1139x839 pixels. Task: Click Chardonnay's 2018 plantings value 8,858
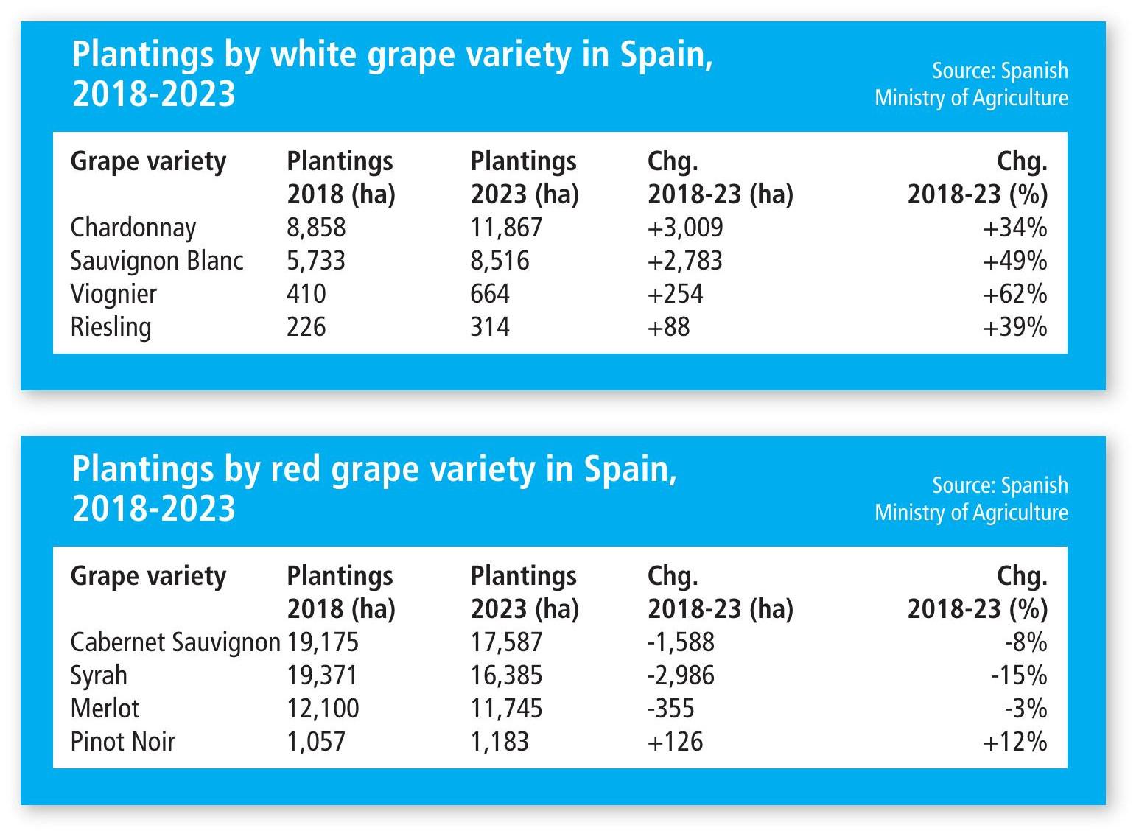[316, 228]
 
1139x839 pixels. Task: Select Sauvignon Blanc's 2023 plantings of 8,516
[500, 261]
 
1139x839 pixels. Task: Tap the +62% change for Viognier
[1014, 294]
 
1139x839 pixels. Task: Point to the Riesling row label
[111, 327]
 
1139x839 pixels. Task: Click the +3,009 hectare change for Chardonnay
[685, 228]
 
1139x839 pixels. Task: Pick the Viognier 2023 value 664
[490, 294]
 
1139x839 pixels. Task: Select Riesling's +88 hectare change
[668, 327]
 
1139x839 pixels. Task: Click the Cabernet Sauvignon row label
[175, 642]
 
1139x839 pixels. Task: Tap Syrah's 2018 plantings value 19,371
[322, 675]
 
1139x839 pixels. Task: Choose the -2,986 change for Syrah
[681, 675]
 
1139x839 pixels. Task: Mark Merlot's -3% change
[1026, 709]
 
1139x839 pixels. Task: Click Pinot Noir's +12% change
[1014, 742]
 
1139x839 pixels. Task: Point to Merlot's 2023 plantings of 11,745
[506, 709]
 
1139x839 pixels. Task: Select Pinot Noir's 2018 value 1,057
[316, 742]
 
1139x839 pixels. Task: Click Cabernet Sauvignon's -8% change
[1026, 642]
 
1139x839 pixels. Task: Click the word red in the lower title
[295, 470]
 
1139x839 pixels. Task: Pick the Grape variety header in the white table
[148, 161]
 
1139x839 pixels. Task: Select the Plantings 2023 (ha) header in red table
[525, 592]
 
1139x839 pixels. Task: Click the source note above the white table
[971, 84]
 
